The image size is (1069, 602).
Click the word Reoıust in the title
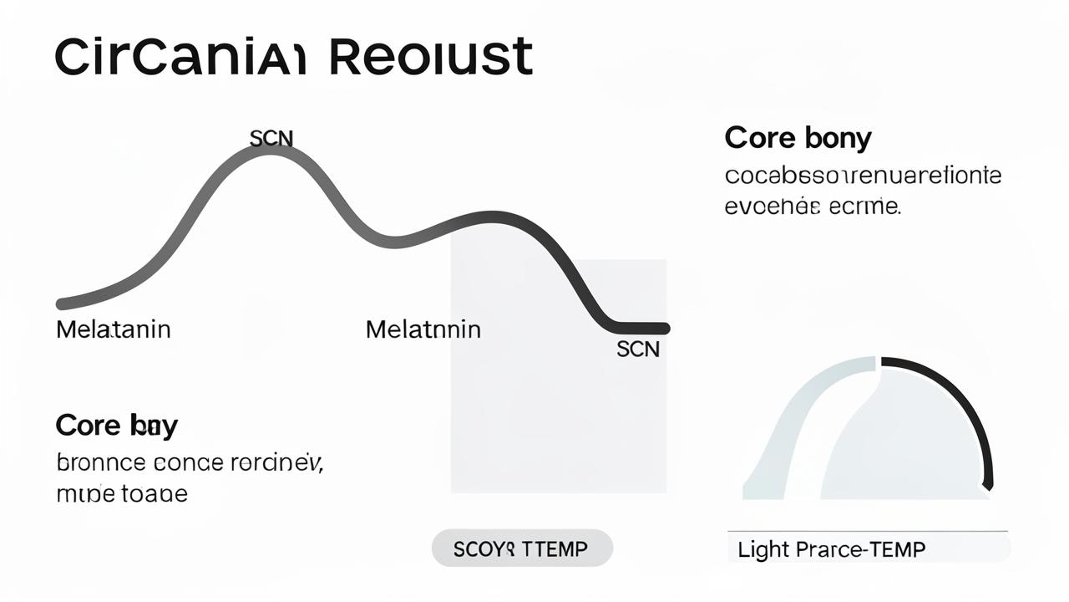(x=431, y=58)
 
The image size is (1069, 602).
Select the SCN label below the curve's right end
(x=638, y=349)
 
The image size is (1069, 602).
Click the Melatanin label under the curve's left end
(x=114, y=329)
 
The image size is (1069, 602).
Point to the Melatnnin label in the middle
(x=423, y=329)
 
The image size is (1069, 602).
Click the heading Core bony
(x=798, y=138)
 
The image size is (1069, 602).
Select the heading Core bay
(x=116, y=426)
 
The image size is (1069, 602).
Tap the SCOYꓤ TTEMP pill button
(x=521, y=549)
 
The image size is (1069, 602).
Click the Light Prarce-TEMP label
(x=832, y=549)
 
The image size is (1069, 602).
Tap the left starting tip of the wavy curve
(x=61, y=303)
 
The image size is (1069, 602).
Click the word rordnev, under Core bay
(x=282, y=462)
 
